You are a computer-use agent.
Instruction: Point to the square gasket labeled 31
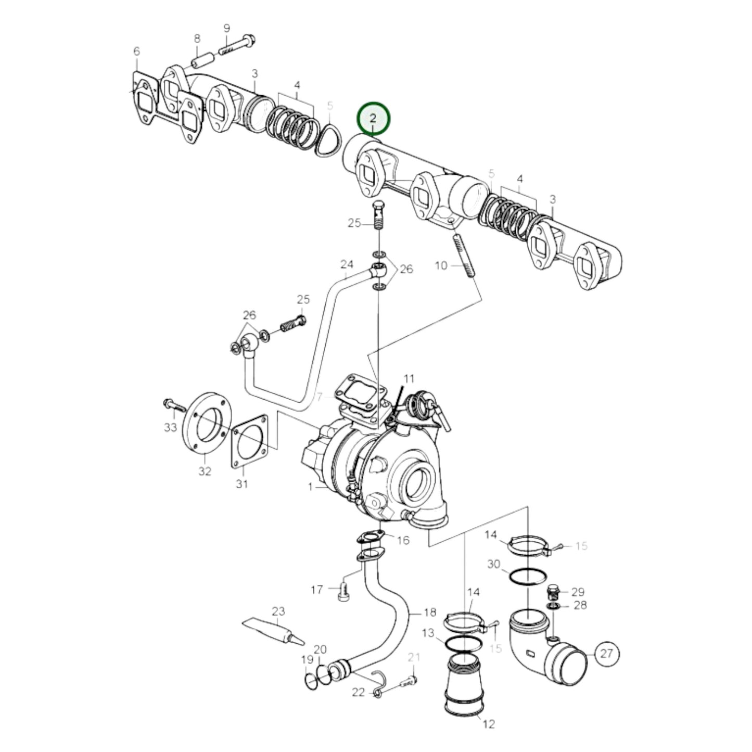click(x=250, y=442)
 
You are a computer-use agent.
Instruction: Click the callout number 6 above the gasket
click(x=136, y=51)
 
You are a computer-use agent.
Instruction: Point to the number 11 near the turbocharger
click(x=409, y=378)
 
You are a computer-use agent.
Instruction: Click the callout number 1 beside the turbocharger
click(x=311, y=487)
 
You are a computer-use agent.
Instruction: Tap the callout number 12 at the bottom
click(x=488, y=724)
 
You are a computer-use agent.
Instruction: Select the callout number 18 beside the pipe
click(x=429, y=612)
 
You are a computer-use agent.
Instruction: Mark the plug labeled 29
click(x=554, y=591)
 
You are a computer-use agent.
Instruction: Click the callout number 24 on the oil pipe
click(x=347, y=264)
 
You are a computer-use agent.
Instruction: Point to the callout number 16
click(x=403, y=540)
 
